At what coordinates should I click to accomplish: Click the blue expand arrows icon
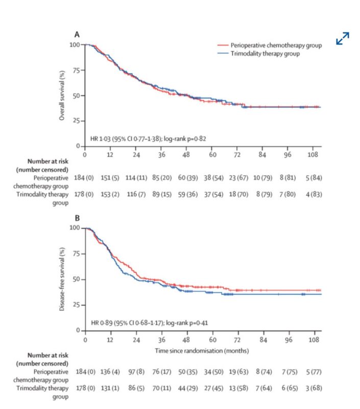(343, 38)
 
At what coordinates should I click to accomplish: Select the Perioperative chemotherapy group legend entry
(270, 46)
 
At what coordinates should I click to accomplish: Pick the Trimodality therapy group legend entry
(258, 54)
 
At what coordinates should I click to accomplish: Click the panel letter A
(77, 34)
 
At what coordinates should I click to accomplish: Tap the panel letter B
(78, 218)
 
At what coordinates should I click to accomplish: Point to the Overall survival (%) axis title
(62, 96)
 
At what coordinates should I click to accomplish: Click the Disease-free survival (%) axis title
(62, 279)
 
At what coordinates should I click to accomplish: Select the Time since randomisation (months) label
(202, 351)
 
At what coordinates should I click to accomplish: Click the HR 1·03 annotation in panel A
(148, 139)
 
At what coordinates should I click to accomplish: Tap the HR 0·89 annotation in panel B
(150, 323)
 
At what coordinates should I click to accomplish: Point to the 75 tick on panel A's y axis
(76, 70)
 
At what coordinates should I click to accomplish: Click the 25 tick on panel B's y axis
(76, 305)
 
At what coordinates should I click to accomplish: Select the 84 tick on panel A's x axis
(262, 155)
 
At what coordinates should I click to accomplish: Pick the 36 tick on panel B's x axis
(161, 339)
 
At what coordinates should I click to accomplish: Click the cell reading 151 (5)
(110, 178)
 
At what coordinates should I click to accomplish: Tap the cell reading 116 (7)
(136, 194)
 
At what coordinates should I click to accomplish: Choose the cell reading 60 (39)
(188, 178)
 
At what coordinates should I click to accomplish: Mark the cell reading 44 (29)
(188, 388)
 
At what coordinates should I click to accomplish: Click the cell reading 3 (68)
(314, 388)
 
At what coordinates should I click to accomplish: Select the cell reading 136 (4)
(110, 372)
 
